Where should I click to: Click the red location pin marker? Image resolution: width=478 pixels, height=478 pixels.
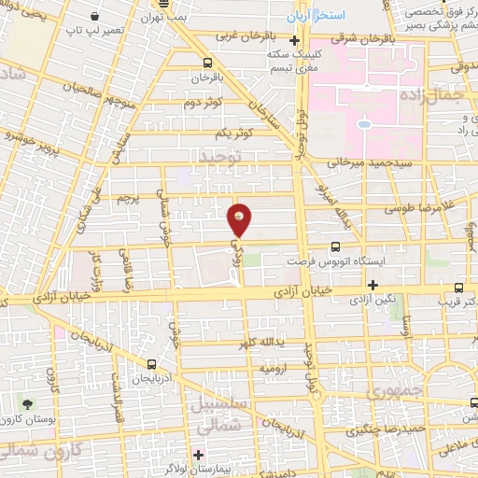(x=240, y=220)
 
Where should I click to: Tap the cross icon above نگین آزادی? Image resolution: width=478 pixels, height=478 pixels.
(x=373, y=285)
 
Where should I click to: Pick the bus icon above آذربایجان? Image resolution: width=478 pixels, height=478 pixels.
(x=152, y=364)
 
